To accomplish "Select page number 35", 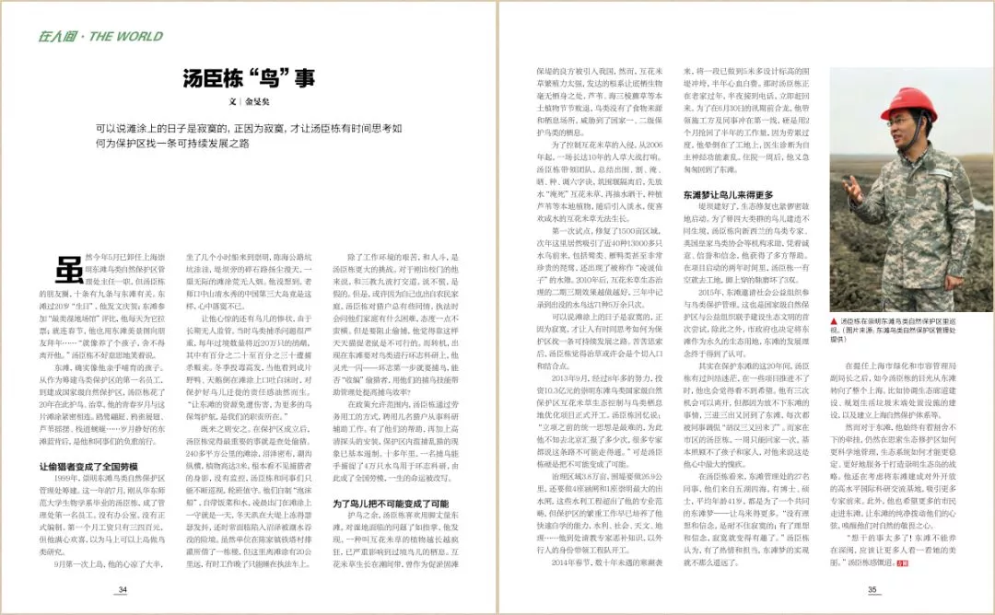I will pos(872,590).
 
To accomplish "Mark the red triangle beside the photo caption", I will pos(834,321).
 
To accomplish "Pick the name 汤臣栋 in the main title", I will pos(215,79).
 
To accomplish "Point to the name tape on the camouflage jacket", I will pos(939,173).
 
